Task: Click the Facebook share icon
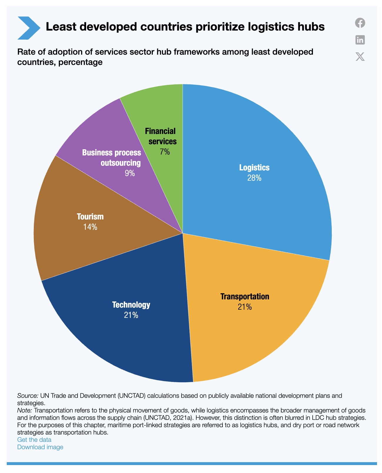(x=360, y=23)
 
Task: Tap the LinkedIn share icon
(x=360, y=40)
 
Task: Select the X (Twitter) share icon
(x=360, y=56)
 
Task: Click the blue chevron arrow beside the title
(x=29, y=28)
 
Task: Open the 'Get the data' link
(x=34, y=440)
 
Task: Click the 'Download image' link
(x=40, y=447)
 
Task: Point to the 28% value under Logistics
(x=254, y=178)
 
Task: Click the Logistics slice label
(x=254, y=167)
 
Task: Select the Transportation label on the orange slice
(x=245, y=296)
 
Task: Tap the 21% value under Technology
(x=131, y=315)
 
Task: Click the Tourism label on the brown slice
(x=90, y=217)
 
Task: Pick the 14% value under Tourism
(x=90, y=227)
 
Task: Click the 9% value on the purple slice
(x=130, y=173)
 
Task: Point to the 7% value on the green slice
(x=165, y=152)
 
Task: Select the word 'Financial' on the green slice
(x=160, y=131)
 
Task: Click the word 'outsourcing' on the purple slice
(x=121, y=163)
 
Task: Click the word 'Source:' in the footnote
(x=26, y=395)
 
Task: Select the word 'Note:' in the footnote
(x=25, y=410)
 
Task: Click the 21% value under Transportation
(x=245, y=307)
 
